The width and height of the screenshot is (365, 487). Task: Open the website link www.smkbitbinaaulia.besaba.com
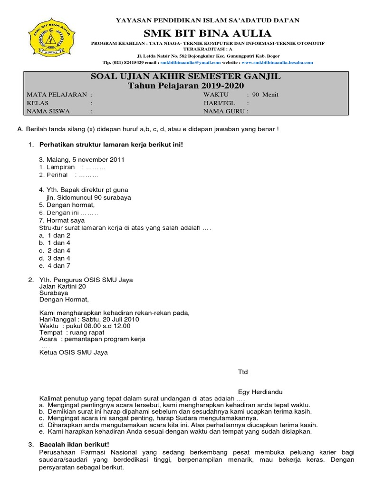pyautogui.click(x=277, y=62)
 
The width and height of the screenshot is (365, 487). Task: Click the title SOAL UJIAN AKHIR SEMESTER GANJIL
pyautogui.click(x=186, y=77)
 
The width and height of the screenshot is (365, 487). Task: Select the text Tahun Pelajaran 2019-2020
pyautogui.click(x=186, y=86)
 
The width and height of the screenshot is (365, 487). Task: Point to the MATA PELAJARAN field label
pyautogui.click(x=57, y=95)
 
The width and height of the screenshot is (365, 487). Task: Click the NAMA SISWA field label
pyautogui.click(x=48, y=112)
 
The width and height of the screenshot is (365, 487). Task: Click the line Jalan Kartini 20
pyautogui.click(x=62, y=287)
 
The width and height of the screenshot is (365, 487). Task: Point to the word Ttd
pyautogui.click(x=243, y=372)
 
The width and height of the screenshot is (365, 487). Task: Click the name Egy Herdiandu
pyautogui.click(x=260, y=392)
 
